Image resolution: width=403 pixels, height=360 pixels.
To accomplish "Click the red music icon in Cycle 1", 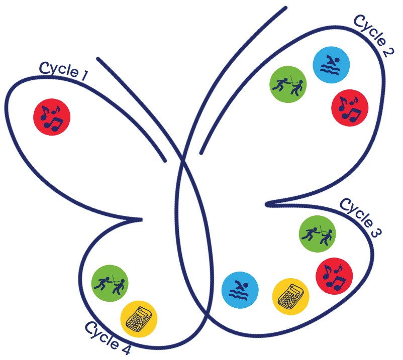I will pos(52,117).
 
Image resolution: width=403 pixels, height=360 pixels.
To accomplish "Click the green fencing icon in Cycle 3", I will pos(318,234).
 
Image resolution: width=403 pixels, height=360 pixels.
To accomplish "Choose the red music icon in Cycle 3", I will pos(334,277).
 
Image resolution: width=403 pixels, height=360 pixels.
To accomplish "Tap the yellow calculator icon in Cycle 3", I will pos(290,297).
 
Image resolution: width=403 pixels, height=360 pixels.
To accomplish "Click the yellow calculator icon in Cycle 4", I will pos(139,319).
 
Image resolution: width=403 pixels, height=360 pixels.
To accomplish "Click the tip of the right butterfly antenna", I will pos(286,8).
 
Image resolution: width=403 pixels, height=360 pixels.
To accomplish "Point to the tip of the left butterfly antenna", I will pos(98,59).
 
